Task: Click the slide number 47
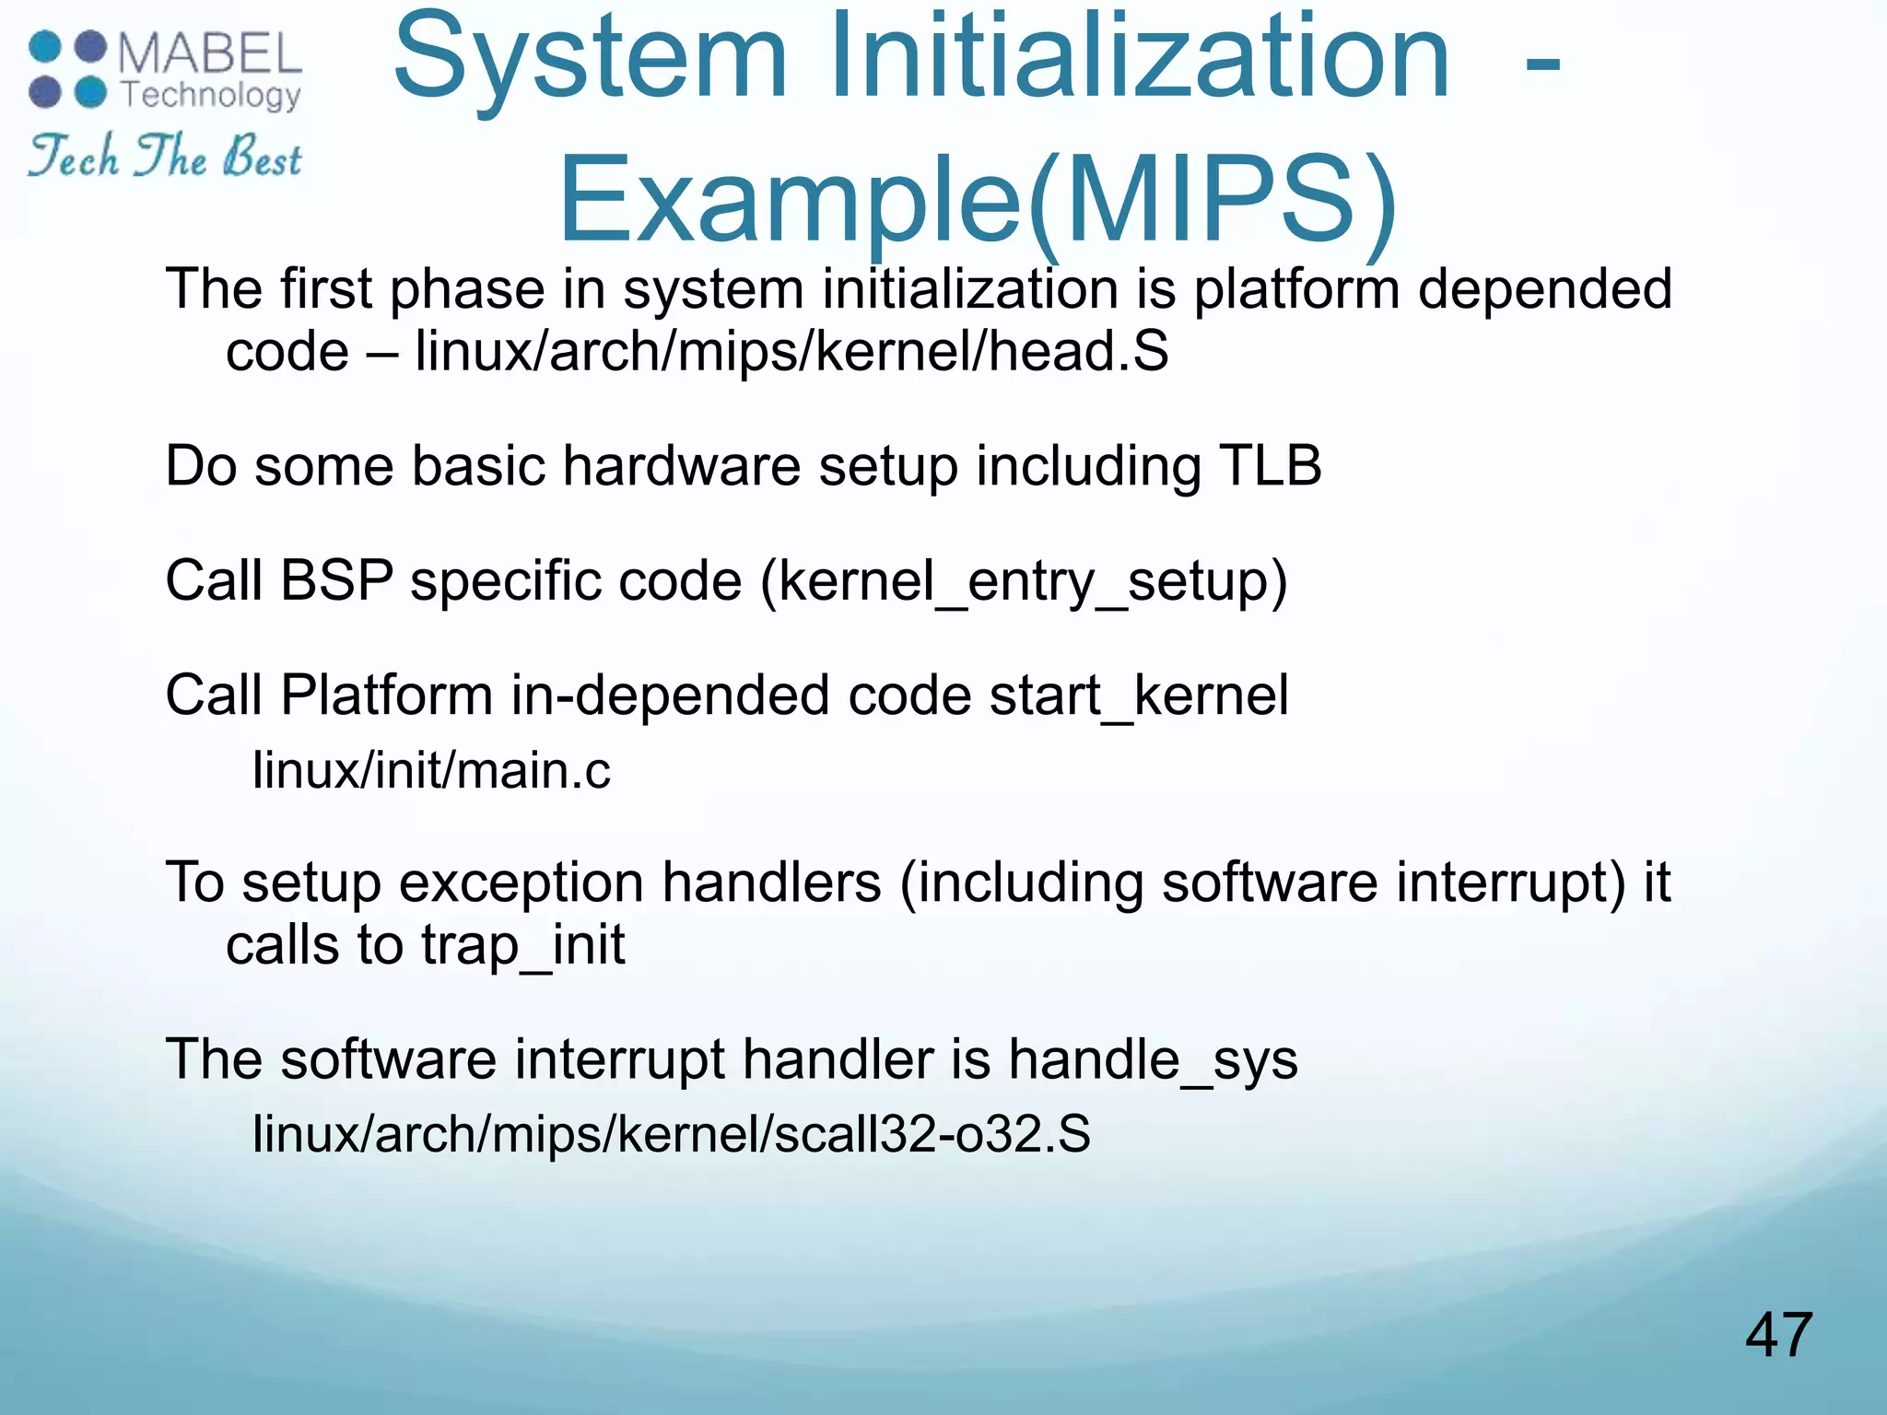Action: (1778, 1335)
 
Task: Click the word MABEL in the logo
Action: (210, 54)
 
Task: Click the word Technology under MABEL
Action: (211, 96)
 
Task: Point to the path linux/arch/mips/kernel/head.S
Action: (791, 352)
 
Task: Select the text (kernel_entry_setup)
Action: (1023, 582)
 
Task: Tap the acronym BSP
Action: (336, 580)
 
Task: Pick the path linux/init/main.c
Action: (430, 770)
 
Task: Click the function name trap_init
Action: (522, 945)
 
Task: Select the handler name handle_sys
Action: (1152, 1059)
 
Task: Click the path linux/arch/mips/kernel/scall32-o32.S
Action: (671, 1134)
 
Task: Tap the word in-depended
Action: (670, 696)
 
